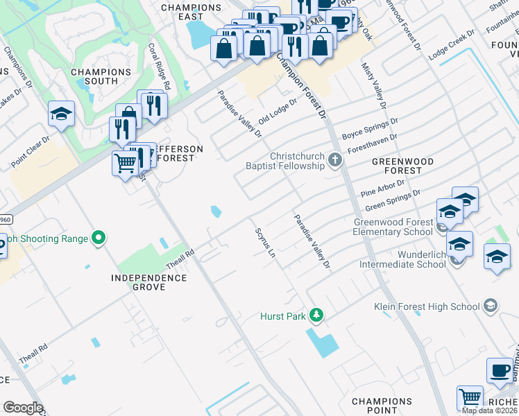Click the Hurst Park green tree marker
tap(316, 315)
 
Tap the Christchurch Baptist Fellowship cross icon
tap(335, 161)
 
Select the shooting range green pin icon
tap(99, 239)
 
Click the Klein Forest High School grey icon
tap(491, 306)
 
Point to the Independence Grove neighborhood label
tap(149, 282)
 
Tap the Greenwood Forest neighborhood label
tap(402, 166)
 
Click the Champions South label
tap(101, 76)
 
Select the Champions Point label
tap(382, 406)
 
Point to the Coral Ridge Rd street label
tap(159, 67)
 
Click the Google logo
tap(23, 408)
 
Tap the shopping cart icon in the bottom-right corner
tap(470, 398)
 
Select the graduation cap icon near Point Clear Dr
tap(61, 114)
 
